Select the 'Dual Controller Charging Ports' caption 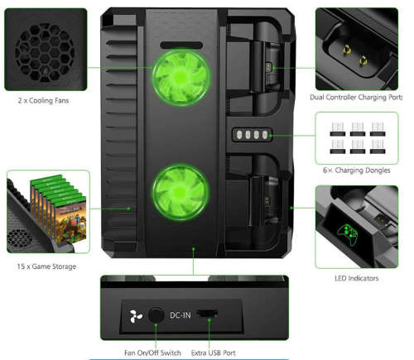(x=356, y=98)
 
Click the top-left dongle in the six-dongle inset (x=338, y=128)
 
